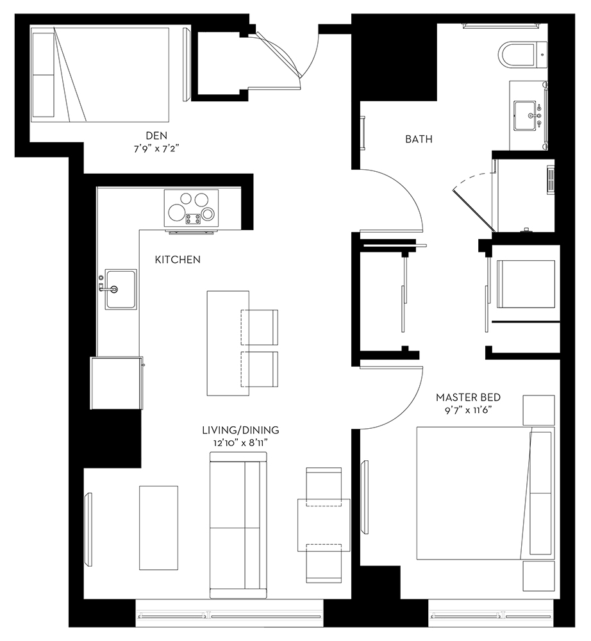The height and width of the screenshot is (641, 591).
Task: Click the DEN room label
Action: (156, 135)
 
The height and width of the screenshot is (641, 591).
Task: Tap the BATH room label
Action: (419, 139)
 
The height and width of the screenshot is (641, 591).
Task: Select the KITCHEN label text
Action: (178, 260)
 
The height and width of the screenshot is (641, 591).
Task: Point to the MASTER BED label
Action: (469, 397)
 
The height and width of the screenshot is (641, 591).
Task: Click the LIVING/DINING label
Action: (241, 430)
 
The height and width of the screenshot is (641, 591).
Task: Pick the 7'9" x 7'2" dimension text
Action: (156, 149)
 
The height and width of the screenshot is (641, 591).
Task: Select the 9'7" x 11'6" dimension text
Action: (469, 410)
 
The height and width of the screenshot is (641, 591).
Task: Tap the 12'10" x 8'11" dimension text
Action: (241, 443)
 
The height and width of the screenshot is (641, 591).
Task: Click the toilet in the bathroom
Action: (523, 54)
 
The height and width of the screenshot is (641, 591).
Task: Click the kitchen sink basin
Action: (121, 289)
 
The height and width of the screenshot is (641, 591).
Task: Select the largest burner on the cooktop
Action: (176, 212)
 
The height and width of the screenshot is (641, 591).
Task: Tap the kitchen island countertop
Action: (228, 343)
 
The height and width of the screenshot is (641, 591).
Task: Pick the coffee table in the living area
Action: (158, 528)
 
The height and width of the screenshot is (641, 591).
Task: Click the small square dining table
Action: (324, 525)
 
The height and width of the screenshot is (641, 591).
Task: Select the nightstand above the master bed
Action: (538, 410)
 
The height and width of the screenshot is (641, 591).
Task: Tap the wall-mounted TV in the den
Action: (187, 64)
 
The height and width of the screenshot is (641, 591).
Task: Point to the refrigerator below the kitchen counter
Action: (117, 383)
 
